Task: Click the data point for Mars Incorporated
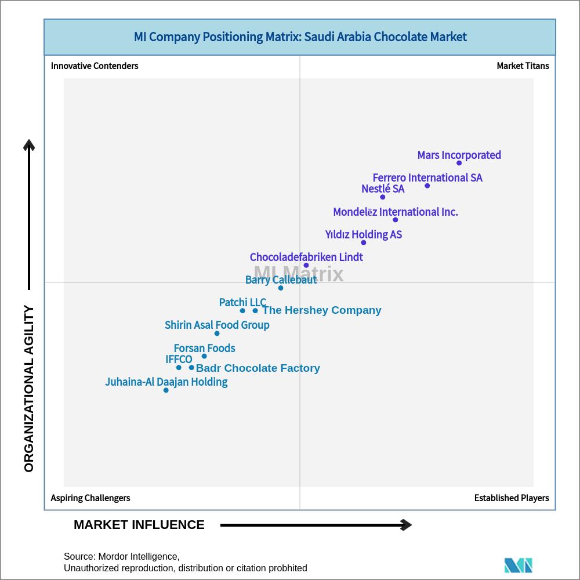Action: point(459,163)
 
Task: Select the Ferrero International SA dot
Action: point(427,186)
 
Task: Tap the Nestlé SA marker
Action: point(383,197)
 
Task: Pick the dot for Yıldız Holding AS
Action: point(364,242)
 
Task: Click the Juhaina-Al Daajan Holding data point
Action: point(166,390)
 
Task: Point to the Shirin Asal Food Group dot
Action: point(217,333)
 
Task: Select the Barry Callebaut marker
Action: point(281,288)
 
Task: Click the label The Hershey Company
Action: point(322,310)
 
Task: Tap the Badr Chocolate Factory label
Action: point(258,368)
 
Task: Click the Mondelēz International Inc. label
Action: point(396,212)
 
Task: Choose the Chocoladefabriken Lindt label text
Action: point(306,257)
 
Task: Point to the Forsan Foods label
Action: point(205,348)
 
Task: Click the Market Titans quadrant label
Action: point(523,66)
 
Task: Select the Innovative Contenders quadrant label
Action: point(95,66)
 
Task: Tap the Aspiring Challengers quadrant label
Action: point(90,498)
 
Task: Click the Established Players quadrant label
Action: point(512,498)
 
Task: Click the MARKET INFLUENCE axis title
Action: point(139,524)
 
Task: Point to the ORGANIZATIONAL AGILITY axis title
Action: point(29,389)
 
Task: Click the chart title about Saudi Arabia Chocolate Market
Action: point(300,37)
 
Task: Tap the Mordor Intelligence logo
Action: point(518,565)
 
